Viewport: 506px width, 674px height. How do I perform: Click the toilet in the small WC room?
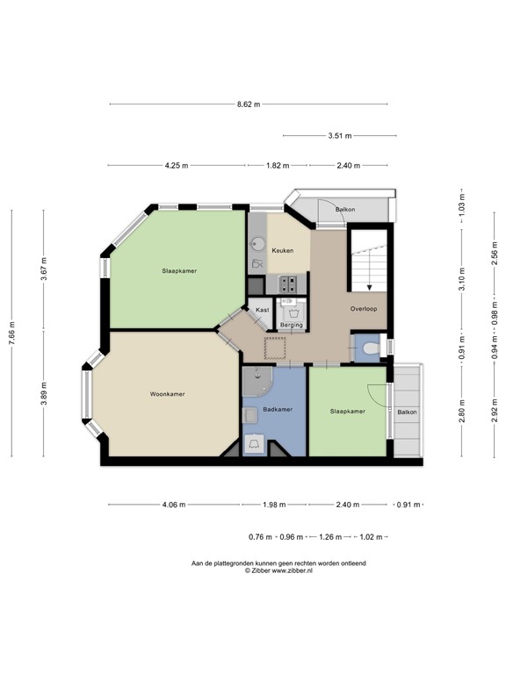point(370,349)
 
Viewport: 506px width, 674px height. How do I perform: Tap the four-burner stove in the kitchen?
point(289,283)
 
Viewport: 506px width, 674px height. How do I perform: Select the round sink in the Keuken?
point(257,243)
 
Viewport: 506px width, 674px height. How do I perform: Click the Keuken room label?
point(282,251)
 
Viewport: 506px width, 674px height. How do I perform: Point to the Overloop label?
point(363,309)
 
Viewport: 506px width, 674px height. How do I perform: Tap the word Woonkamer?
point(167,394)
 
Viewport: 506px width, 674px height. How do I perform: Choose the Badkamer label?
point(277,410)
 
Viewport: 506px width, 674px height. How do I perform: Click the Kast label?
point(262,310)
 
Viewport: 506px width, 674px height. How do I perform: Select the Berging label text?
point(291,326)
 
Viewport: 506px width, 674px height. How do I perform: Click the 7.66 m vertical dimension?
point(12,333)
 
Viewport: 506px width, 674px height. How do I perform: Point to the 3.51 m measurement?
point(339,136)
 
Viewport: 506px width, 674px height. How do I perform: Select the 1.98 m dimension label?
point(274,505)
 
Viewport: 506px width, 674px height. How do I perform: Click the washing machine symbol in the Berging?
point(291,309)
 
